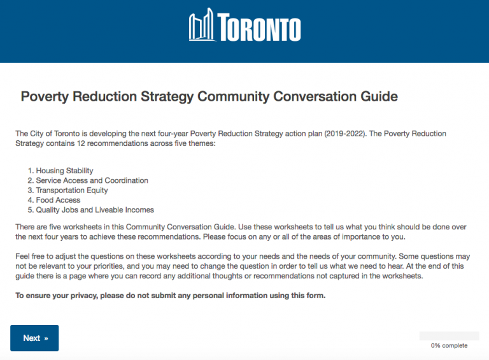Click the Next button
34,338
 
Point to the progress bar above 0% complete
449,336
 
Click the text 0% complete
449,346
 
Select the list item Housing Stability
64,171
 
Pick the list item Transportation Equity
71,191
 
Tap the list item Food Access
58,200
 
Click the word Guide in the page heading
377,97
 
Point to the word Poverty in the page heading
45,97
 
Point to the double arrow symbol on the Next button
46,338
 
